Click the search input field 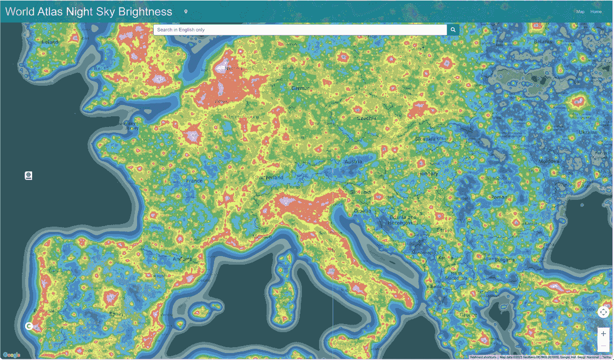[300, 30]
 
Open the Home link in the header [596, 12]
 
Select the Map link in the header [580, 12]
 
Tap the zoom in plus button [603, 334]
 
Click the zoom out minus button [603, 347]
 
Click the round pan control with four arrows [603, 312]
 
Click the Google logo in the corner [11, 355]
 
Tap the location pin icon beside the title [186, 12]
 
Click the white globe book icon [28, 176]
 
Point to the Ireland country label [50, 42]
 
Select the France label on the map [193, 181]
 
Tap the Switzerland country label [269, 177]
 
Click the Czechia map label [367, 118]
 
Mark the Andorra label [182, 259]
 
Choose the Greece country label [468, 314]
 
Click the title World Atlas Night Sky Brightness [89, 12]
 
